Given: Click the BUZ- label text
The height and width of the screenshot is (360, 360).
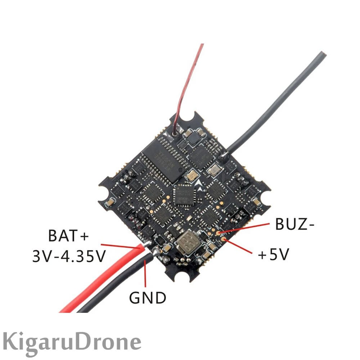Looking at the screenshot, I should [295, 224].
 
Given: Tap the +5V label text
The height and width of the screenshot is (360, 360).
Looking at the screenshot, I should [274, 255].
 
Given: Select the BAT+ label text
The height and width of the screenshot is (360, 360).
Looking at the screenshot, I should [68, 237].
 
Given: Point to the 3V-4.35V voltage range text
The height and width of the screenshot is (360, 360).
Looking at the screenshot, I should [69, 256].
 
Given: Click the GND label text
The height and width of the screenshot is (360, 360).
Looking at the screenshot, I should [148, 298].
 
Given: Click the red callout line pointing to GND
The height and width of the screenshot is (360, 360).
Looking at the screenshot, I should [145, 274].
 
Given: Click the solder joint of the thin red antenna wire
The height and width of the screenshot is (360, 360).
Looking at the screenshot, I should [176, 134].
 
